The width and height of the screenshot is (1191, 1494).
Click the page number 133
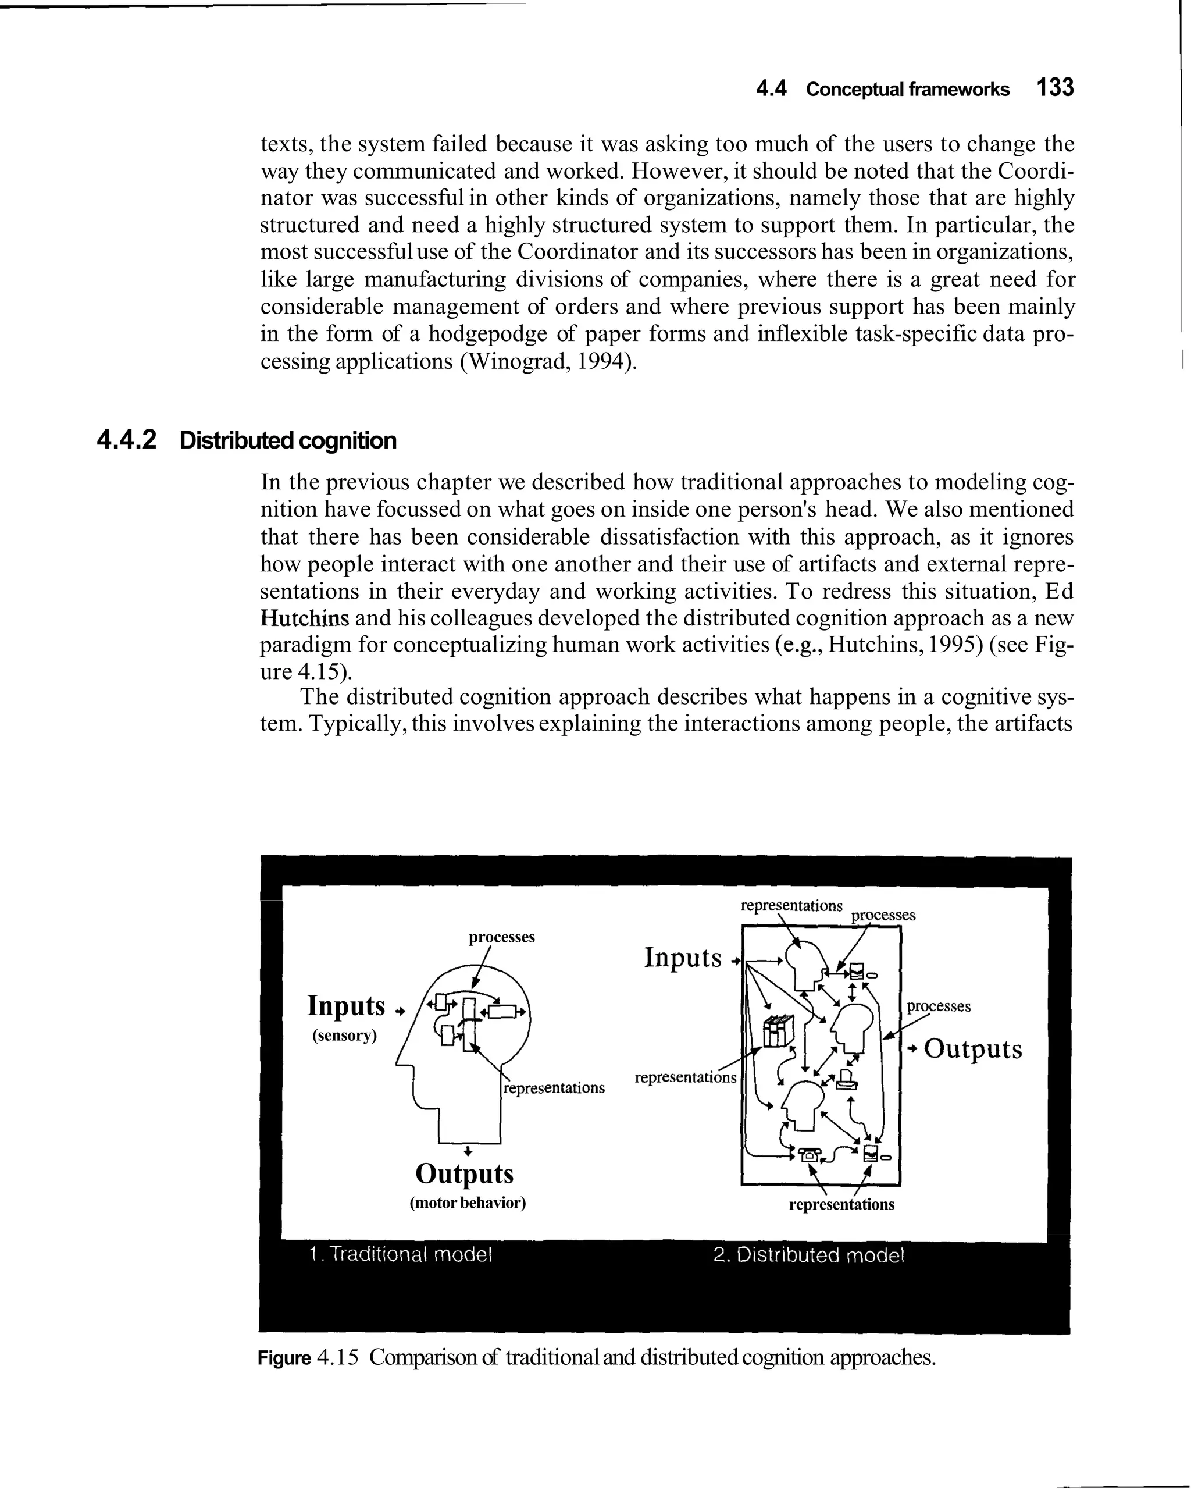click(x=1054, y=88)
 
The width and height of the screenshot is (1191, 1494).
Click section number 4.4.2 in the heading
click(x=127, y=439)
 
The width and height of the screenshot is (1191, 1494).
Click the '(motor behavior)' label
click(x=468, y=1203)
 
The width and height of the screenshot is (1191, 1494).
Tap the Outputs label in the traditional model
click(x=464, y=1174)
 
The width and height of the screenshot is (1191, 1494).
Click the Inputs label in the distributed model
click(x=683, y=958)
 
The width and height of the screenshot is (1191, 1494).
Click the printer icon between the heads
click(x=846, y=1079)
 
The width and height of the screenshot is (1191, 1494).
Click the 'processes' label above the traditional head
click(x=502, y=937)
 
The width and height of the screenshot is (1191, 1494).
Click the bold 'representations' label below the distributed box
click(x=841, y=1204)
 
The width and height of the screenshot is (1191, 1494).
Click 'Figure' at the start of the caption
click(x=284, y=1357)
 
